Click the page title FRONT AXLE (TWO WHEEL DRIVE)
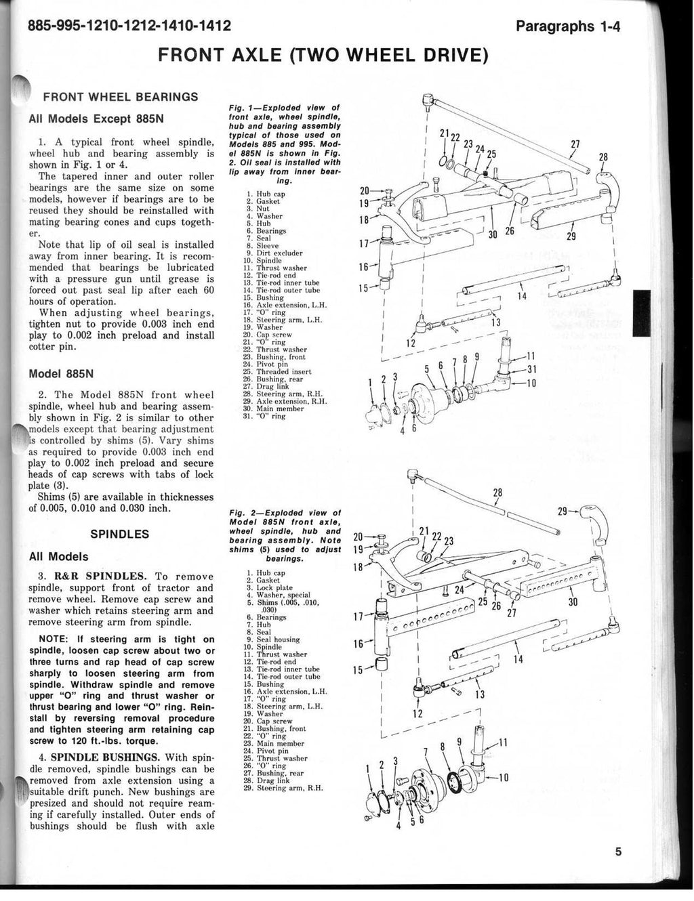tap(323, 54)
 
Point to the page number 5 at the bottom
tap(618, 852)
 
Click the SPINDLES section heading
tap(120, 534)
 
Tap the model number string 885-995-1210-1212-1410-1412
tap(121, 26)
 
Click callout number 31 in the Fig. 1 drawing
tap(531, 369)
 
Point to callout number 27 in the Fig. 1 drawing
tap(575, 144)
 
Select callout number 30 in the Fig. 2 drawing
tap(572, 601)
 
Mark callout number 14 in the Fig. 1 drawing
tap(521, 297)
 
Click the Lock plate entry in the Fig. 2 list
tap(274, 588)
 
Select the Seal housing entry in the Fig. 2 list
tap(278, 640)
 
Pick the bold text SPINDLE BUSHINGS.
tap(106, 757)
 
